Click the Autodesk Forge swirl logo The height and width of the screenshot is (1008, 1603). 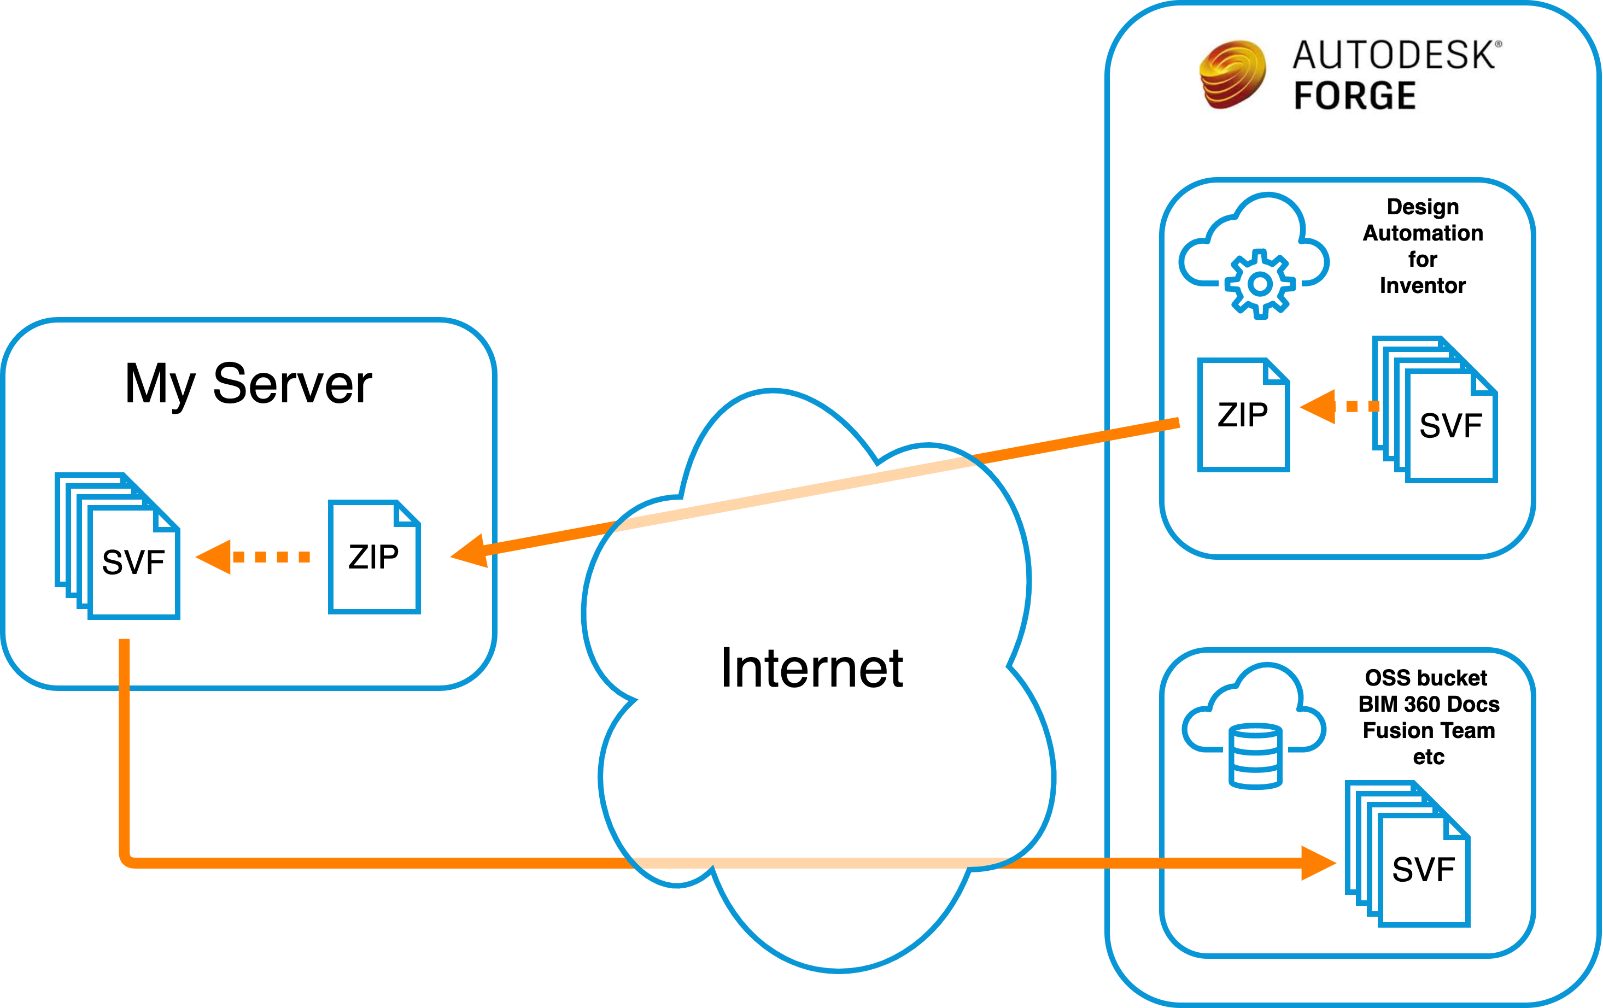tap(1232, 74)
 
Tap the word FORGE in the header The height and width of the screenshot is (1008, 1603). tap(1355, 95)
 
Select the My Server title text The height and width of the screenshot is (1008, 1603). tap(248, 384)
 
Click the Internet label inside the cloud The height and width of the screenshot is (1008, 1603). tap(811, 668)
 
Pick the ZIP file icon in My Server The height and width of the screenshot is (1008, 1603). tap(374, 556)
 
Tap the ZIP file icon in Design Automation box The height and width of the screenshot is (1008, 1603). tap(1243, 414)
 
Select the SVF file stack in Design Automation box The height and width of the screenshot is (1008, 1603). tap(1435, 409)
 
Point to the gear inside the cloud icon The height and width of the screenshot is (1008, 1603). tap(1260, 284)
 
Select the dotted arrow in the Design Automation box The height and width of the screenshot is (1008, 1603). tap(1338, 406)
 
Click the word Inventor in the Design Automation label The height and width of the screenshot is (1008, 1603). tap(1423, 286)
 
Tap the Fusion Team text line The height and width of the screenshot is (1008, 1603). tap(1429, 730)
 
